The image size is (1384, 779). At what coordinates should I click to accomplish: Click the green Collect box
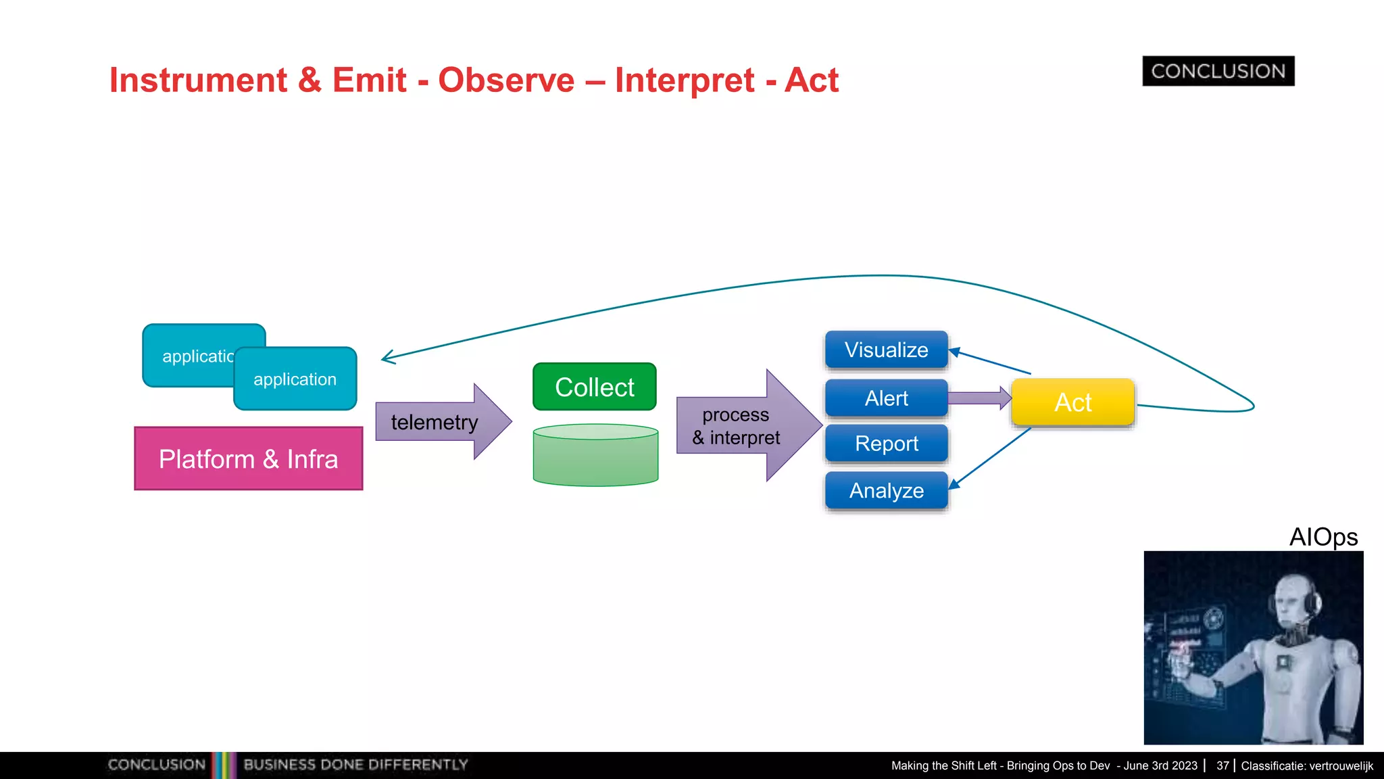tap(594, 387)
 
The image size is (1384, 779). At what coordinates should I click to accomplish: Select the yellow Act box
tap(1072, 402)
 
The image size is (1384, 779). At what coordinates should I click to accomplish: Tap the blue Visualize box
tap(886, 350)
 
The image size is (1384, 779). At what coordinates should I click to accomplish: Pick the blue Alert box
tap(886, 398)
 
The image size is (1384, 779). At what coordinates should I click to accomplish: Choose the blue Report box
tap(886, 444)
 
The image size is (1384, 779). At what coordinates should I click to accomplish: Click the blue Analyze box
tap(886, 490)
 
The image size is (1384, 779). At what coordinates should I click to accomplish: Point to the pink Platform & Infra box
tap(248, 458)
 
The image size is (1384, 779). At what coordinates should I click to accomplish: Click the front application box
tap(295, 379)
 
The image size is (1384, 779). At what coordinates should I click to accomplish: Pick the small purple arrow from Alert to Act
tap(978, 398)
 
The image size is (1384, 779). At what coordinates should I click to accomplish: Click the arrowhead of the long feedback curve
tap(388, 357)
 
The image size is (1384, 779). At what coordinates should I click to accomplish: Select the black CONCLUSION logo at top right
tap(1218, 71)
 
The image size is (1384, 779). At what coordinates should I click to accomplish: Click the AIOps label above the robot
tap(1323, 537)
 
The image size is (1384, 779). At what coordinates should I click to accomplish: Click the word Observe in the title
tap(506, 80)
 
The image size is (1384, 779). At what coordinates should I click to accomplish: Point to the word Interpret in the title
tap(684, 80)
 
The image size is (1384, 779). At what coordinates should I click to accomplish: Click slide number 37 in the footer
tap(1222, 765)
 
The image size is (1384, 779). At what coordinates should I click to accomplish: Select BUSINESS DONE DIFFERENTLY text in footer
tap(355, 765)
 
